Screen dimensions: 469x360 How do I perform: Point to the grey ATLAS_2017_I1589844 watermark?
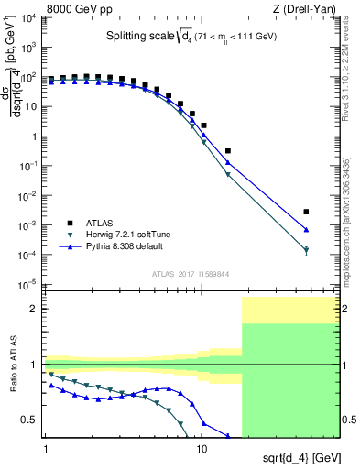pos(191,273)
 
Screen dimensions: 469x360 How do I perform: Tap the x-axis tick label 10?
pos(202,449)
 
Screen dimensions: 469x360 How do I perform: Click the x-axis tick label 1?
pos(46,449)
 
